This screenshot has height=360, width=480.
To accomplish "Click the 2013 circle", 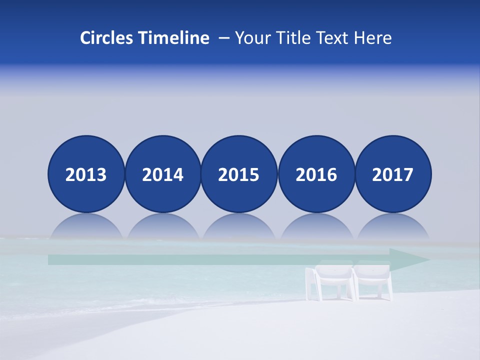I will click(86, 174).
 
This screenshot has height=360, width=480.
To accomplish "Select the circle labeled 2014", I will click(163, 174).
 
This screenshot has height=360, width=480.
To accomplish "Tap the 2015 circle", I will click(239, 174).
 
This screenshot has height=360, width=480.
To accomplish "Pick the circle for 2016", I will click(316, 174).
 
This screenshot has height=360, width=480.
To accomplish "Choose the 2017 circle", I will click(393, 174).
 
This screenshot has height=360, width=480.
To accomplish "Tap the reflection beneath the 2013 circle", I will click(86, 227).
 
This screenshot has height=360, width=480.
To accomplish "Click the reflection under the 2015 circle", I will click(239, 227).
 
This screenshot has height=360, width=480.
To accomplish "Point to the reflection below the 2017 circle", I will click(393, 227).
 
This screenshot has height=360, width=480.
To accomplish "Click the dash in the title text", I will click(224, 38).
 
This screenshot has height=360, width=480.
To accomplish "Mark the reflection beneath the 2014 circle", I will click(163, 227).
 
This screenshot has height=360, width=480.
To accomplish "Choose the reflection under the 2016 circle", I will click(316, 227).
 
